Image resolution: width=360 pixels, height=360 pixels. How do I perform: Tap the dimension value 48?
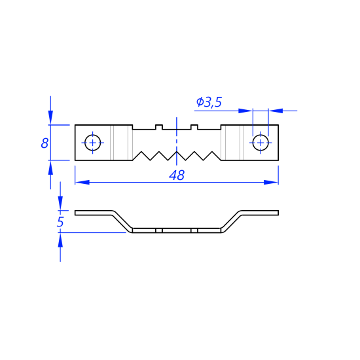point(177,175)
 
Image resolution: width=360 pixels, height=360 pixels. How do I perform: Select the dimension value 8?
point(45,143)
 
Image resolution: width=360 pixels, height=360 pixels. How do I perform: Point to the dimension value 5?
point(60,222)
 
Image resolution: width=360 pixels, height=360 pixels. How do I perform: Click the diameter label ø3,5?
point(209,102)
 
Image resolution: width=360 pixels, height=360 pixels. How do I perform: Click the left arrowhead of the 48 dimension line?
point(82,183)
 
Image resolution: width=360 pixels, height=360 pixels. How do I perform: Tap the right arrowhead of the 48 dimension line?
point(271,183)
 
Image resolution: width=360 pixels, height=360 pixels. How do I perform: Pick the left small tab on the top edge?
point(159,127)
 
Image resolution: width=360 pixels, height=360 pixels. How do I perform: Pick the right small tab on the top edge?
point(194,127)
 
